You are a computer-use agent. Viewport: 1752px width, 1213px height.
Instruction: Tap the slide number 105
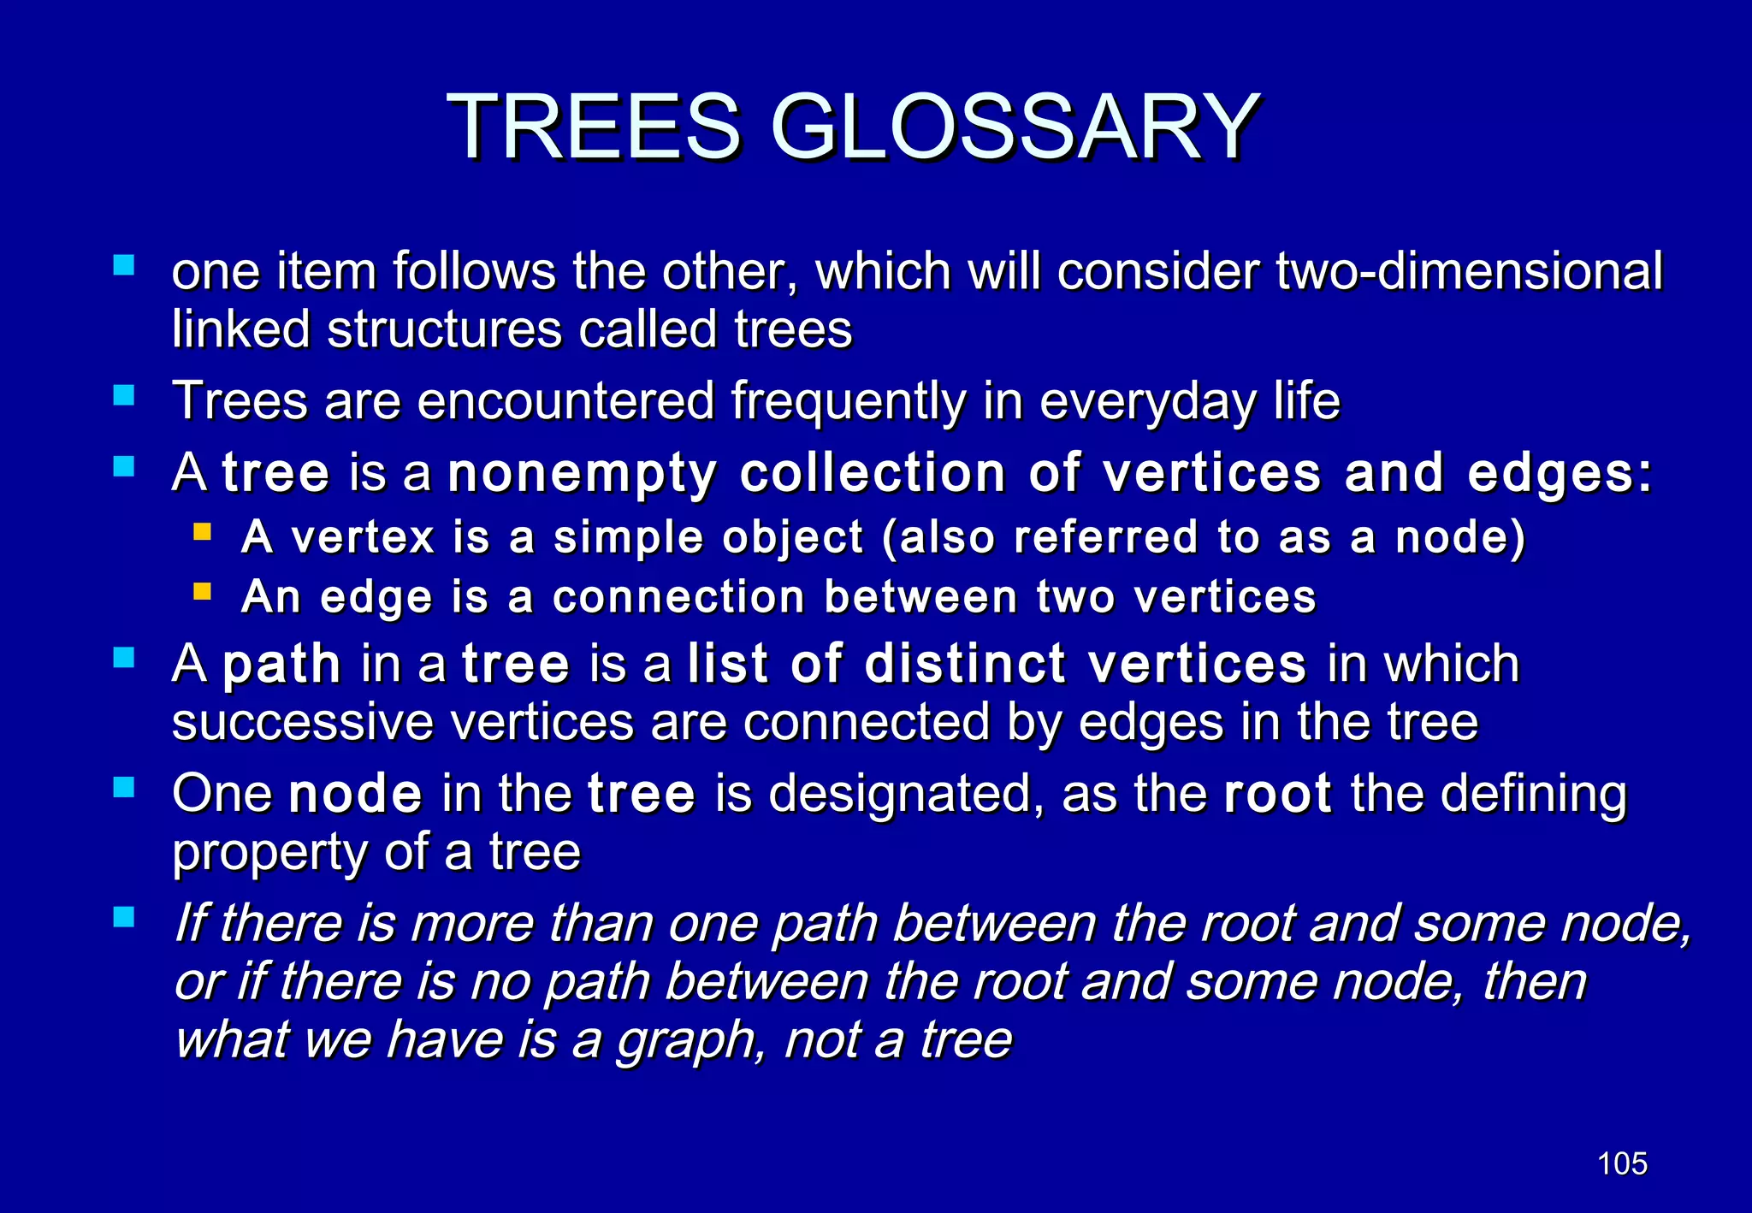[1622, 1163]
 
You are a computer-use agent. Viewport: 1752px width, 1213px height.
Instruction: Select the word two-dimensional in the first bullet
[1469, 272]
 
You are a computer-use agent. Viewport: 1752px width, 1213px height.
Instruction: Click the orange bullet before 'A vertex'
[203, 533]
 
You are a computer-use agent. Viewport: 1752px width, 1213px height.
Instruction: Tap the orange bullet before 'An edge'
[203, 591]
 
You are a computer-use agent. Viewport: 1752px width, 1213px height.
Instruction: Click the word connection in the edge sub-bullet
[678, 597]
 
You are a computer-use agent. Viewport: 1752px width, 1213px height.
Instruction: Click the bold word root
[1277, 794]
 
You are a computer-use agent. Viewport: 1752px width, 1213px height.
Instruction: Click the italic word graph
[689, 1041]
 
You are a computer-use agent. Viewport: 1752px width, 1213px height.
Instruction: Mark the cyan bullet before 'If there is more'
[124, 918]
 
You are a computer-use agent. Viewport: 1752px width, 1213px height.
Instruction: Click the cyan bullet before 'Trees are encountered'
[124, 395]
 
